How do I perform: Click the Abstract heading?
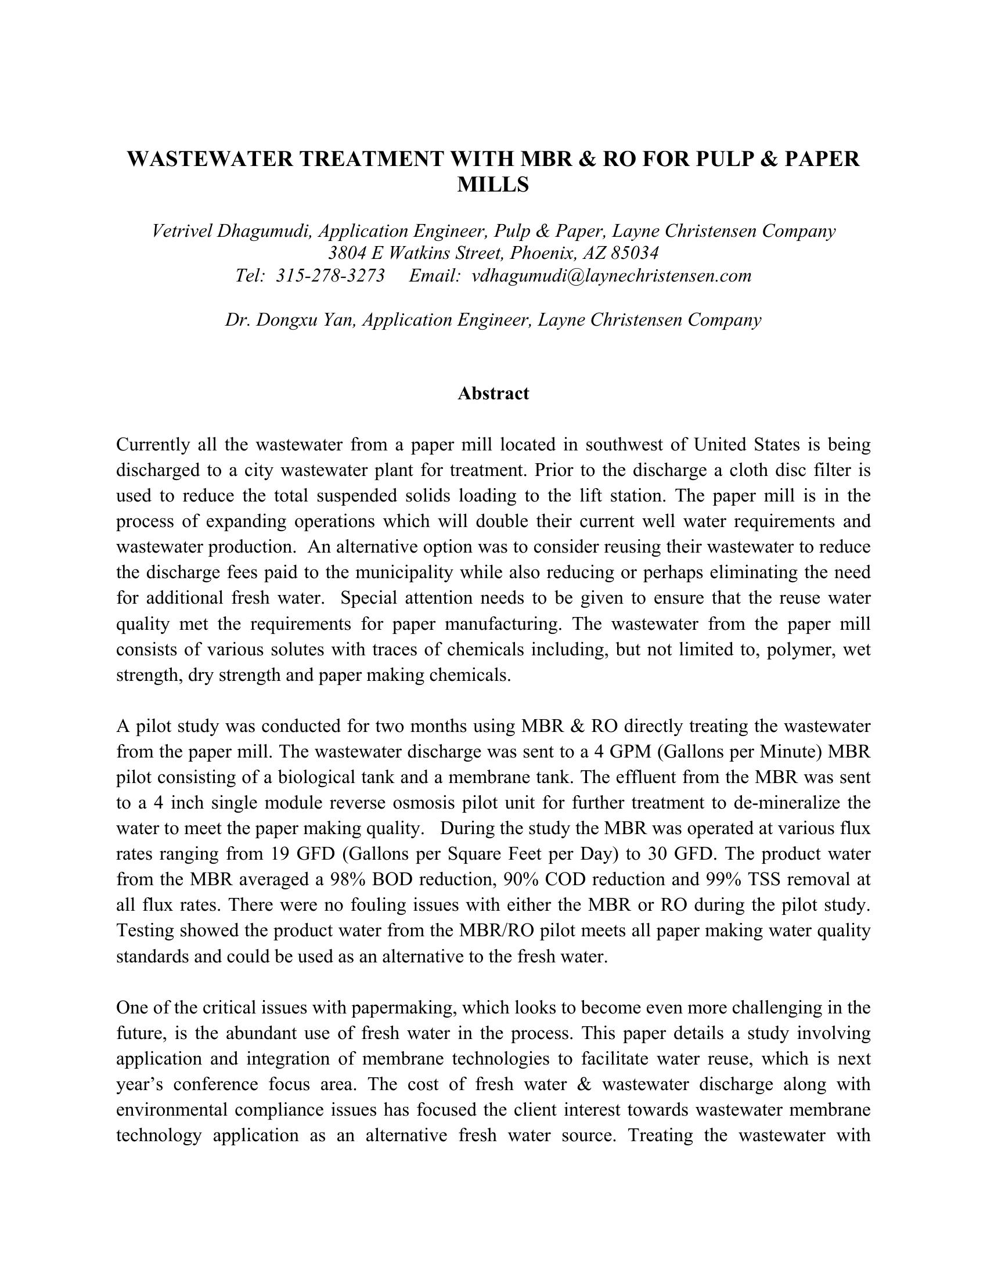493,394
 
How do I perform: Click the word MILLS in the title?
493,185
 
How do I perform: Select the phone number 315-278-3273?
330,275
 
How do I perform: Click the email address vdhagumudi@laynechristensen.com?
611,275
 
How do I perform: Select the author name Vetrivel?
182,231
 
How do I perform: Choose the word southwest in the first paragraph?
624,445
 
